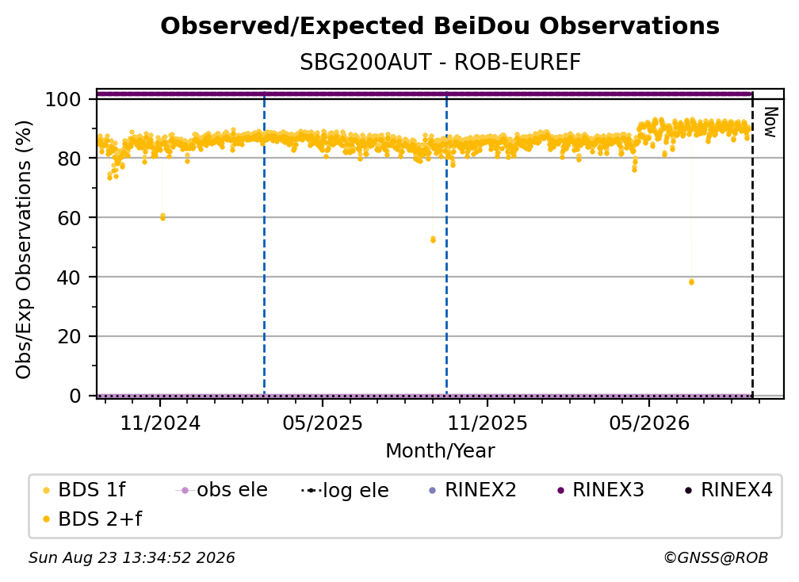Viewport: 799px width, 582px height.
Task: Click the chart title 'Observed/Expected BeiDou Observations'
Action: point(440,26)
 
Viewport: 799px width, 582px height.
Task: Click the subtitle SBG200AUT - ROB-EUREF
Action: point(440,63)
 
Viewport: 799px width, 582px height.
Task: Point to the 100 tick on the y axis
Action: point(63,99)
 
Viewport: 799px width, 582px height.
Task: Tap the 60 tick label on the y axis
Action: point(69,218)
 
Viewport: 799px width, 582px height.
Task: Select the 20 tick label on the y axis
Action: point(69,337)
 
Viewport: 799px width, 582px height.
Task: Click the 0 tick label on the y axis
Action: point(75,396)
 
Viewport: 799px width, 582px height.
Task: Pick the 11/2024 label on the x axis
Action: point(160,423)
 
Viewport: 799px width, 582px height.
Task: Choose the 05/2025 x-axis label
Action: point(323,423)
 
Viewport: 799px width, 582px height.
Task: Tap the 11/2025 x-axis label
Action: point(487,423)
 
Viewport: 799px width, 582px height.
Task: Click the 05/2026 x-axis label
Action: point(649,423)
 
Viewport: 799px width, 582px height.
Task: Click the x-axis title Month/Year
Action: point(440,451)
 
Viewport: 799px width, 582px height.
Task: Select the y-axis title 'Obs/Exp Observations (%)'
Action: point(24,250)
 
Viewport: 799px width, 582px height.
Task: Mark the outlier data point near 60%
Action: point(162,217)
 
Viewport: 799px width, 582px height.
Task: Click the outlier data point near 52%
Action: point(433,239)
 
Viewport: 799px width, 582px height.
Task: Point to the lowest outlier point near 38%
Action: point(691,281)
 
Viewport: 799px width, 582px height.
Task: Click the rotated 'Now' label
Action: point(770,122)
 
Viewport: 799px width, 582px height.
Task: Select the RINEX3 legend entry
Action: point(601,490)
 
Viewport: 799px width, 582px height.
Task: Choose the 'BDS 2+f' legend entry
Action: point(92,519)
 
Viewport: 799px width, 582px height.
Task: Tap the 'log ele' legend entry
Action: point(345,491)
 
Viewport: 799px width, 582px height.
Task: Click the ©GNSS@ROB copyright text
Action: point(716,558)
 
